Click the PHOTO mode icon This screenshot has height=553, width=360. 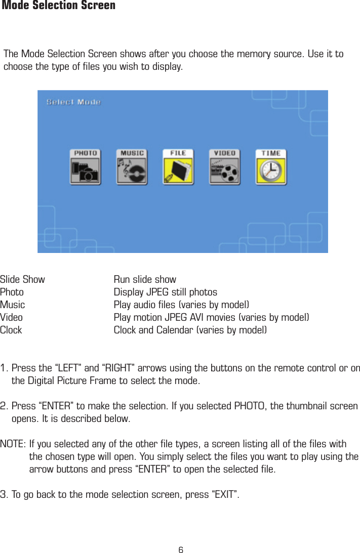pyautogui.click(x=85, y=167)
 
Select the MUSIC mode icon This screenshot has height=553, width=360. pyautogui.click(x=132, y=167)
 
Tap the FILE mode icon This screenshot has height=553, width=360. pyautogui.click(x=178, y=167)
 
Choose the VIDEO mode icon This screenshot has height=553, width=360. pyautogui.click(x=224, y=167)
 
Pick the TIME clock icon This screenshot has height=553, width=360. pyautogui.click(x=271, y=167)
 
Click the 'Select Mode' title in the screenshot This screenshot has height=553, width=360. pyautogui.click(x=73, y=102)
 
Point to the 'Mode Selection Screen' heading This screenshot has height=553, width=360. pyautogui.click(x=59, y=6)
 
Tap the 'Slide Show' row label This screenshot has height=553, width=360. pyautogui.click(x=22, y=279)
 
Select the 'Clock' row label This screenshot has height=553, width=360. pyautogui.click(x=11, y=330)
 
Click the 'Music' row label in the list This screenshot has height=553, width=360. pyautogui.click(x=12, y=305)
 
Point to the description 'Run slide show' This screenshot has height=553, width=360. pyautogui.click(x=145, y=279)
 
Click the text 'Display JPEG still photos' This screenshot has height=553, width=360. pyautogui.click(x=165, y=292)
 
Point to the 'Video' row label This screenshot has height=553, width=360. pyautogui.click(x=11, y=318)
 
